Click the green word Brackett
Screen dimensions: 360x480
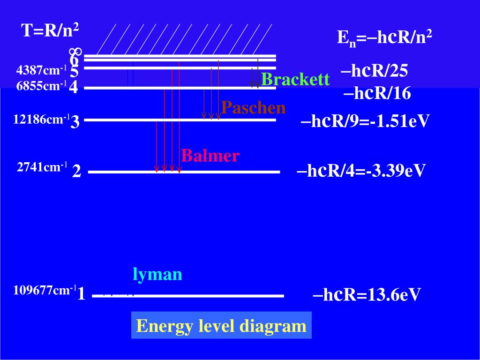295,80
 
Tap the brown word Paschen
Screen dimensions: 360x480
254,108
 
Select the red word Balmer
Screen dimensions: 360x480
210,156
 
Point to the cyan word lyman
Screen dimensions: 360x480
157,274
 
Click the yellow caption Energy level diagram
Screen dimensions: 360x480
221,326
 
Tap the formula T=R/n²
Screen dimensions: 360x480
50,31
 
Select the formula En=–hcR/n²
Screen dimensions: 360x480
384,37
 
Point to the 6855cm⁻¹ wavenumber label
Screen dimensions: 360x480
41,86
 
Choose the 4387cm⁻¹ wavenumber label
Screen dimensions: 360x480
41,71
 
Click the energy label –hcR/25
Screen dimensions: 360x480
375,71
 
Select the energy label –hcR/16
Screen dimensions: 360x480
377,93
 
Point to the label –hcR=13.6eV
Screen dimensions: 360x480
366,295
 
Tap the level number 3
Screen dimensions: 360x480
75,122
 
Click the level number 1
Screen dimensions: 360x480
82,294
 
